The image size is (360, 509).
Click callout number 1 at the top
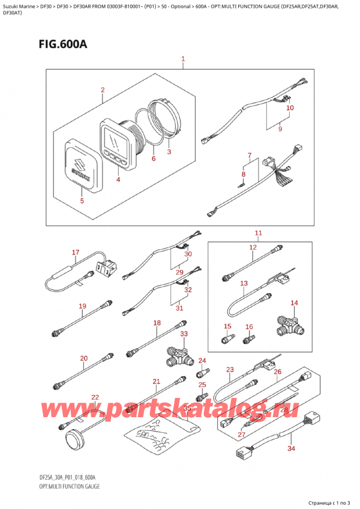pos(183,59)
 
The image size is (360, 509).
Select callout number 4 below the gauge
pos(118,179)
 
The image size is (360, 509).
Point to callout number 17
pos(76,252)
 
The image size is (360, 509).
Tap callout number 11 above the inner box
pos(258,233)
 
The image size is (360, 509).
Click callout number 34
pos(292,448)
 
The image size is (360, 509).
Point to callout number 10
pos(290,108)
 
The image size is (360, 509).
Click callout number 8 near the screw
pos(243,175)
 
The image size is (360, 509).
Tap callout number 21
pos(157,381)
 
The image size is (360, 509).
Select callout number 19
pos(83,306)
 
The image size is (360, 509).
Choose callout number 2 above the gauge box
pos(103,91)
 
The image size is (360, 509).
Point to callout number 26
pos(277,372)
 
